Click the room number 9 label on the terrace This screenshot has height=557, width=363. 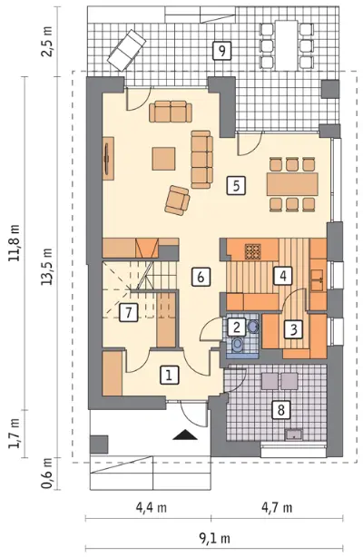coord(221,51)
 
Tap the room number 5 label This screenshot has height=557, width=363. coord(237,185)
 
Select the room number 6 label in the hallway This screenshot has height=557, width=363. coord(201,277)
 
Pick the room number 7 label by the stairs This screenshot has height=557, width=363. coord(128,313)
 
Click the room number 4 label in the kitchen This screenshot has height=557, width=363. coord(283,276)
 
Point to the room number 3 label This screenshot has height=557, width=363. coord(293,329)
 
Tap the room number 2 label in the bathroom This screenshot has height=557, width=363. coord(237,327)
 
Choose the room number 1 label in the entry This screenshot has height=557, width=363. coord(169,375)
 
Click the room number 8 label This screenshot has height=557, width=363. coord(281,410)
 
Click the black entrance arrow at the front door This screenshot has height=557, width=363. coord(185,435)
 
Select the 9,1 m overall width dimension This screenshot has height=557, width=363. coord(214,539)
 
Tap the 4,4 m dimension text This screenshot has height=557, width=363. coord(152,507)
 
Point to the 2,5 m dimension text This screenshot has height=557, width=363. coord(47,41)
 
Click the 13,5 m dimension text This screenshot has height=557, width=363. coord(47,267)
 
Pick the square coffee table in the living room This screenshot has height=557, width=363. coord(164,159)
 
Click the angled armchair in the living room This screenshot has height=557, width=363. coord(177,200)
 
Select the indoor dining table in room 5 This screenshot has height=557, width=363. coord(292,184)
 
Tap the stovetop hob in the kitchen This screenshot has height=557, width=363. coord(253,251)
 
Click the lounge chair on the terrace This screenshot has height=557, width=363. coord(127,50)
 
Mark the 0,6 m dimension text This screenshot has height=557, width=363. coord(47,473)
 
